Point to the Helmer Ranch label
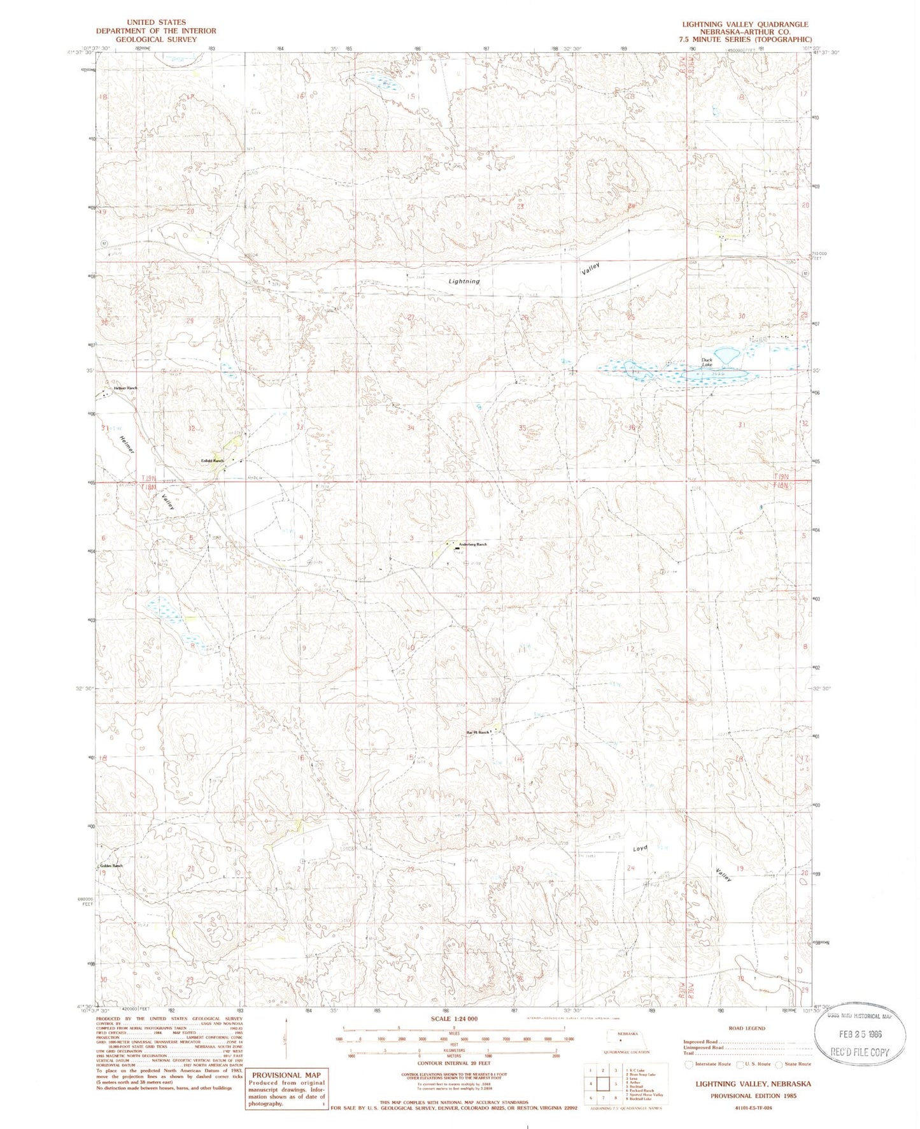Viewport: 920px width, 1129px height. point(125,388)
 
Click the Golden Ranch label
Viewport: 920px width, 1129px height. point(111,866)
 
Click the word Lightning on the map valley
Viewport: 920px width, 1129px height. point(464,281)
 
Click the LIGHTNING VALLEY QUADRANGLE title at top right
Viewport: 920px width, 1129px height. point(745,24)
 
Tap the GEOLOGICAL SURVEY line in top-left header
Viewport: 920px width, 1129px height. point(156,39)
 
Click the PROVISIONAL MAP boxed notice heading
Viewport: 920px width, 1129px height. point(286,1075)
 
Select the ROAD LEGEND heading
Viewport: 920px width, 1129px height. point(747,1028)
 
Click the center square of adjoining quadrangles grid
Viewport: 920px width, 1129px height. point(602,1084)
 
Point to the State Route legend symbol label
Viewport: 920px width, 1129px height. point(798,1063)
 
